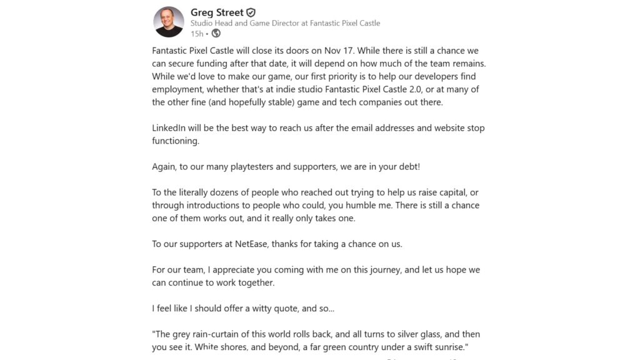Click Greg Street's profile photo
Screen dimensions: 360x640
pos(169,22)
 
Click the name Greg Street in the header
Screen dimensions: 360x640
pos(217,12)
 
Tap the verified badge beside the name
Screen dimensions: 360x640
pos(251,12)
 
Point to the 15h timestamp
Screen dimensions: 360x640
pos(196,33)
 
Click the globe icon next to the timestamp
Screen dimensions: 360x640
pos(216,33)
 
